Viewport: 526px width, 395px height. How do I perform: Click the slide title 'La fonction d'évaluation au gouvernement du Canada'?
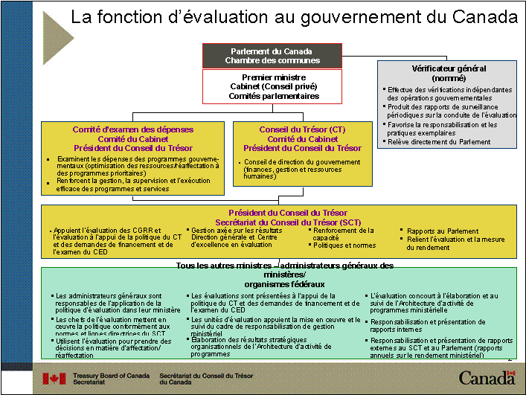tap(293, 16)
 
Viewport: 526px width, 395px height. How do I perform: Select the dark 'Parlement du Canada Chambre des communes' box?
tap(272, 56)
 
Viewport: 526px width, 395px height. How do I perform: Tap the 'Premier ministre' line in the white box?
tap(274, 77)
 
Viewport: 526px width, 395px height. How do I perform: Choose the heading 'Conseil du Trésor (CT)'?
tap(302, 129)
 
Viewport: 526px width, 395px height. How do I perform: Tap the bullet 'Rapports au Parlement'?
tap(443, 231)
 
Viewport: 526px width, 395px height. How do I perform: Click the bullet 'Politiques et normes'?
tap(344, 245)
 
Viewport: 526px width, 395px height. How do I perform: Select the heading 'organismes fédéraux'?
tap(282, 284)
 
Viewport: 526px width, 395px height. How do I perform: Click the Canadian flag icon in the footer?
tap(54, 379)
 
